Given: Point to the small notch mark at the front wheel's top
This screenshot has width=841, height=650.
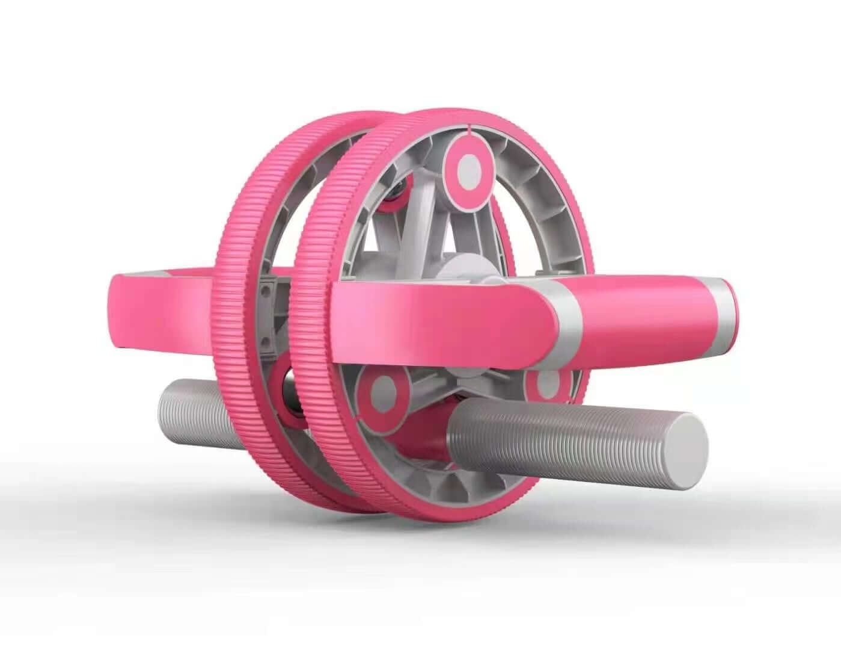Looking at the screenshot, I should pyautogui.click(x=468, y=128).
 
